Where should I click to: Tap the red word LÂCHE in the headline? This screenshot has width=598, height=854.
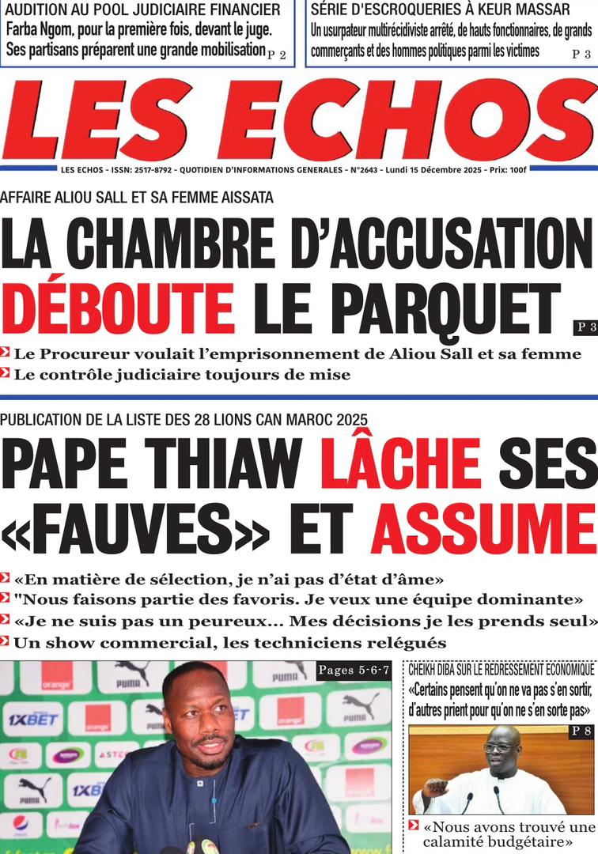[x=399, y=465]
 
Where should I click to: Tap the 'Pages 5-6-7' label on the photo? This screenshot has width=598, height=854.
[x=354, y=671]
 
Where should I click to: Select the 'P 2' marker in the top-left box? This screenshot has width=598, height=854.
[x=276, y=55]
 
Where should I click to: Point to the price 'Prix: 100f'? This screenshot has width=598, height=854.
[x=506, y=171]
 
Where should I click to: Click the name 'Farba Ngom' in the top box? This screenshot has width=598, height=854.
[x=41, y=31]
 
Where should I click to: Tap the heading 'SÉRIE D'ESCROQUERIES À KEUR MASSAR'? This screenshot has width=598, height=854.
[x=440, y=10]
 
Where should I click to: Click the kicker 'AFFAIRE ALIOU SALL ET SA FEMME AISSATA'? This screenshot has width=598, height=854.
[x=137, y=198]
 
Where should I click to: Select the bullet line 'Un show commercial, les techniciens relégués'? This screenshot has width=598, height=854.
[x=229, y=643]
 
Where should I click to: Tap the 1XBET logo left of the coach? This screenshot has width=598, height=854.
[x=33, y=720]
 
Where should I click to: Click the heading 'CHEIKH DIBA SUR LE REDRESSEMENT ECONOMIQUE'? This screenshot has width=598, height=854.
[x=501, y=670]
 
